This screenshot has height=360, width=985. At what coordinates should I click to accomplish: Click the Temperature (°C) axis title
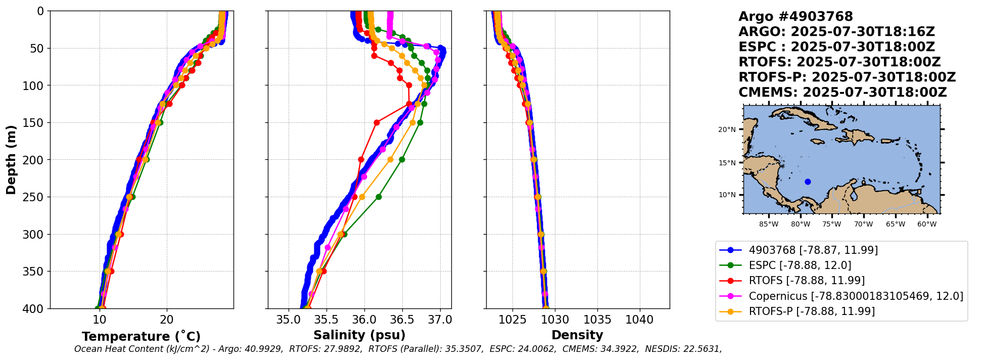pyautogui.click(x=141, y=337)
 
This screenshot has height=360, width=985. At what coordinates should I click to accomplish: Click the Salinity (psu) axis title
pyautogui.click(x=359, y=335)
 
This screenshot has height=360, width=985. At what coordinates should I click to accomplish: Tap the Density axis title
pyautogui.click(x=577, y=335)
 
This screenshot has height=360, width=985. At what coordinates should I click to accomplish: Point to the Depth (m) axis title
pyautogui.click(x=11, y=159)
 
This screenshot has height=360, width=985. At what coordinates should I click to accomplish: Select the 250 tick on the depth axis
pyautogui.click(x=35, y=197)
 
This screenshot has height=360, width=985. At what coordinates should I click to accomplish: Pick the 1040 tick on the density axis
pyautogui.click(x=640, y=320)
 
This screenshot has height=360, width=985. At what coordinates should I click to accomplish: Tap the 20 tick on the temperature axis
pyautogui.click(x=166, y=320)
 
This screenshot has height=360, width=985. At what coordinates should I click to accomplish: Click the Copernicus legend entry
pyautogui.click(x=856, y=296)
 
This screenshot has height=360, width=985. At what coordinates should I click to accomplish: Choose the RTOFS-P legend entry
pyautogui.click(x=812, y=311)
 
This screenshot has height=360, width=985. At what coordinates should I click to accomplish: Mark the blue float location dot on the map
pyautogui.click(x=808, y=182)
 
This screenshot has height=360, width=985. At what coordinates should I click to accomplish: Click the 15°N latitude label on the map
pyautogui.click(x=727, y=163)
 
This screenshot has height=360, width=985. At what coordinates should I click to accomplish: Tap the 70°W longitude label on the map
pyautogui.click(x=863, y=224)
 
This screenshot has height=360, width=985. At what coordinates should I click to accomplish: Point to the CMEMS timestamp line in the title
pyautogui.click(x=842, y=93)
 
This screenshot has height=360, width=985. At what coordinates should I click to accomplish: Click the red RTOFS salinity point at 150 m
pyautogui.click(x=377, y=122)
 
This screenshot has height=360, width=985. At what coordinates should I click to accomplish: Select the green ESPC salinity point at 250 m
pyautogui.click(x=379, y=197)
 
